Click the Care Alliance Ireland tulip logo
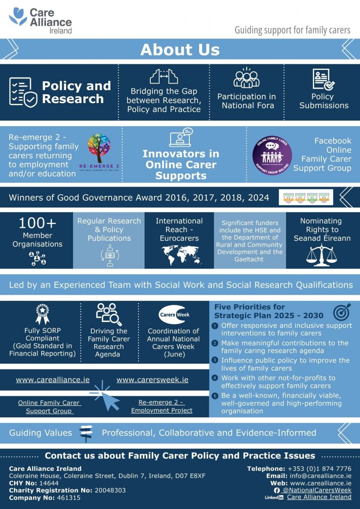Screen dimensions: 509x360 click(18, 17)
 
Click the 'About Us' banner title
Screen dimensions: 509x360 click(180, 50)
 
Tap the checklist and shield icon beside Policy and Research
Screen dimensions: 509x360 click(23, 92)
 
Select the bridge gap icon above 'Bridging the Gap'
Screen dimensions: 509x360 click(163, 76)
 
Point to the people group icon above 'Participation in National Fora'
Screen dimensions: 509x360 click(246, 78)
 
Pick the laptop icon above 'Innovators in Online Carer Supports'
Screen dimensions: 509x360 click(181, 137)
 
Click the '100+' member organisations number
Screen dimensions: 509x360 click(37, 224)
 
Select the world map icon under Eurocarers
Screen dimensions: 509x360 click(179, 254)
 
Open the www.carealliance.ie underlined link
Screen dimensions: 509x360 click(53, 380)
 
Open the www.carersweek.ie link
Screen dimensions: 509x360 click(152, 380)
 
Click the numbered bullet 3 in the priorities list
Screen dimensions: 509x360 click(215, 361)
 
